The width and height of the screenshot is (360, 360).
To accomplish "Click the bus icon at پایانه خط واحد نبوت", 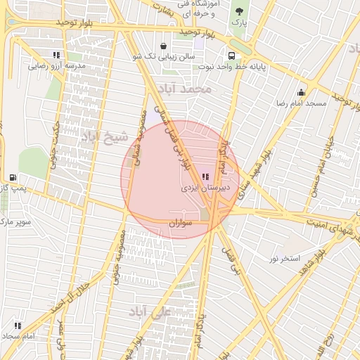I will coord(231,56).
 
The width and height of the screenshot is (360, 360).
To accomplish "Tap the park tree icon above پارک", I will coord(239,11).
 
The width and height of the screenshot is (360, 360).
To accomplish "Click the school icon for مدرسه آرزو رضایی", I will coord(56,55).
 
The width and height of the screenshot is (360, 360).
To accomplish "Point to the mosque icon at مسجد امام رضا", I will coord(301,92).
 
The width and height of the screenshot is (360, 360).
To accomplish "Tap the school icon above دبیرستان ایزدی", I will coord(205,176).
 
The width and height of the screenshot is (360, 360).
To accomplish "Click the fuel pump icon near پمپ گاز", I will coord(13,177).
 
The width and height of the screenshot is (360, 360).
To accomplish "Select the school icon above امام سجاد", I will coord(18,326).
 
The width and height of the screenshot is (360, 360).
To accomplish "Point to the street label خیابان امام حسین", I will coord(328,159).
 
